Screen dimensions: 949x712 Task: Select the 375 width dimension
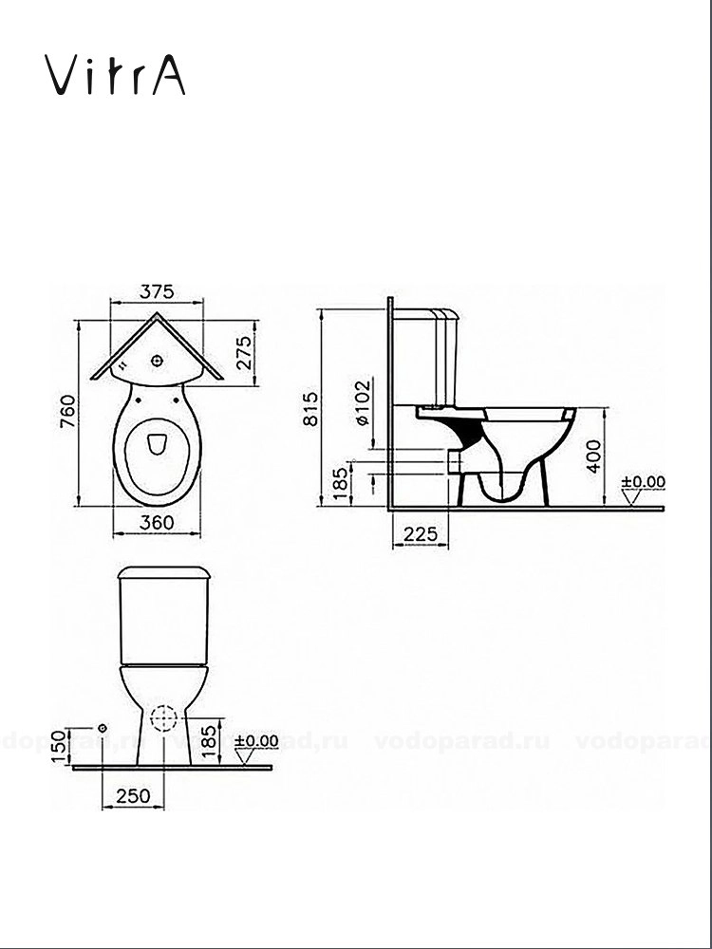pyautogui.click(x=158, y=292)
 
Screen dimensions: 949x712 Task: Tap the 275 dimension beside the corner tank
pyautogui.click(x=245, y=352)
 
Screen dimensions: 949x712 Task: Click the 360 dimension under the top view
pyautogui.click(x=157, y=521)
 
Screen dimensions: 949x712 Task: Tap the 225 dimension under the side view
pyautogui.click(x=420, y=535)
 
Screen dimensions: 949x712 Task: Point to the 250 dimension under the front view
pyautogui.click(x=133, y=796)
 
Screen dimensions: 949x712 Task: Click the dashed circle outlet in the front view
pyautogui.click(x=166, y=718)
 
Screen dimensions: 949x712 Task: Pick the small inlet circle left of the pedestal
pyautogui.click(x=102, y=727)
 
